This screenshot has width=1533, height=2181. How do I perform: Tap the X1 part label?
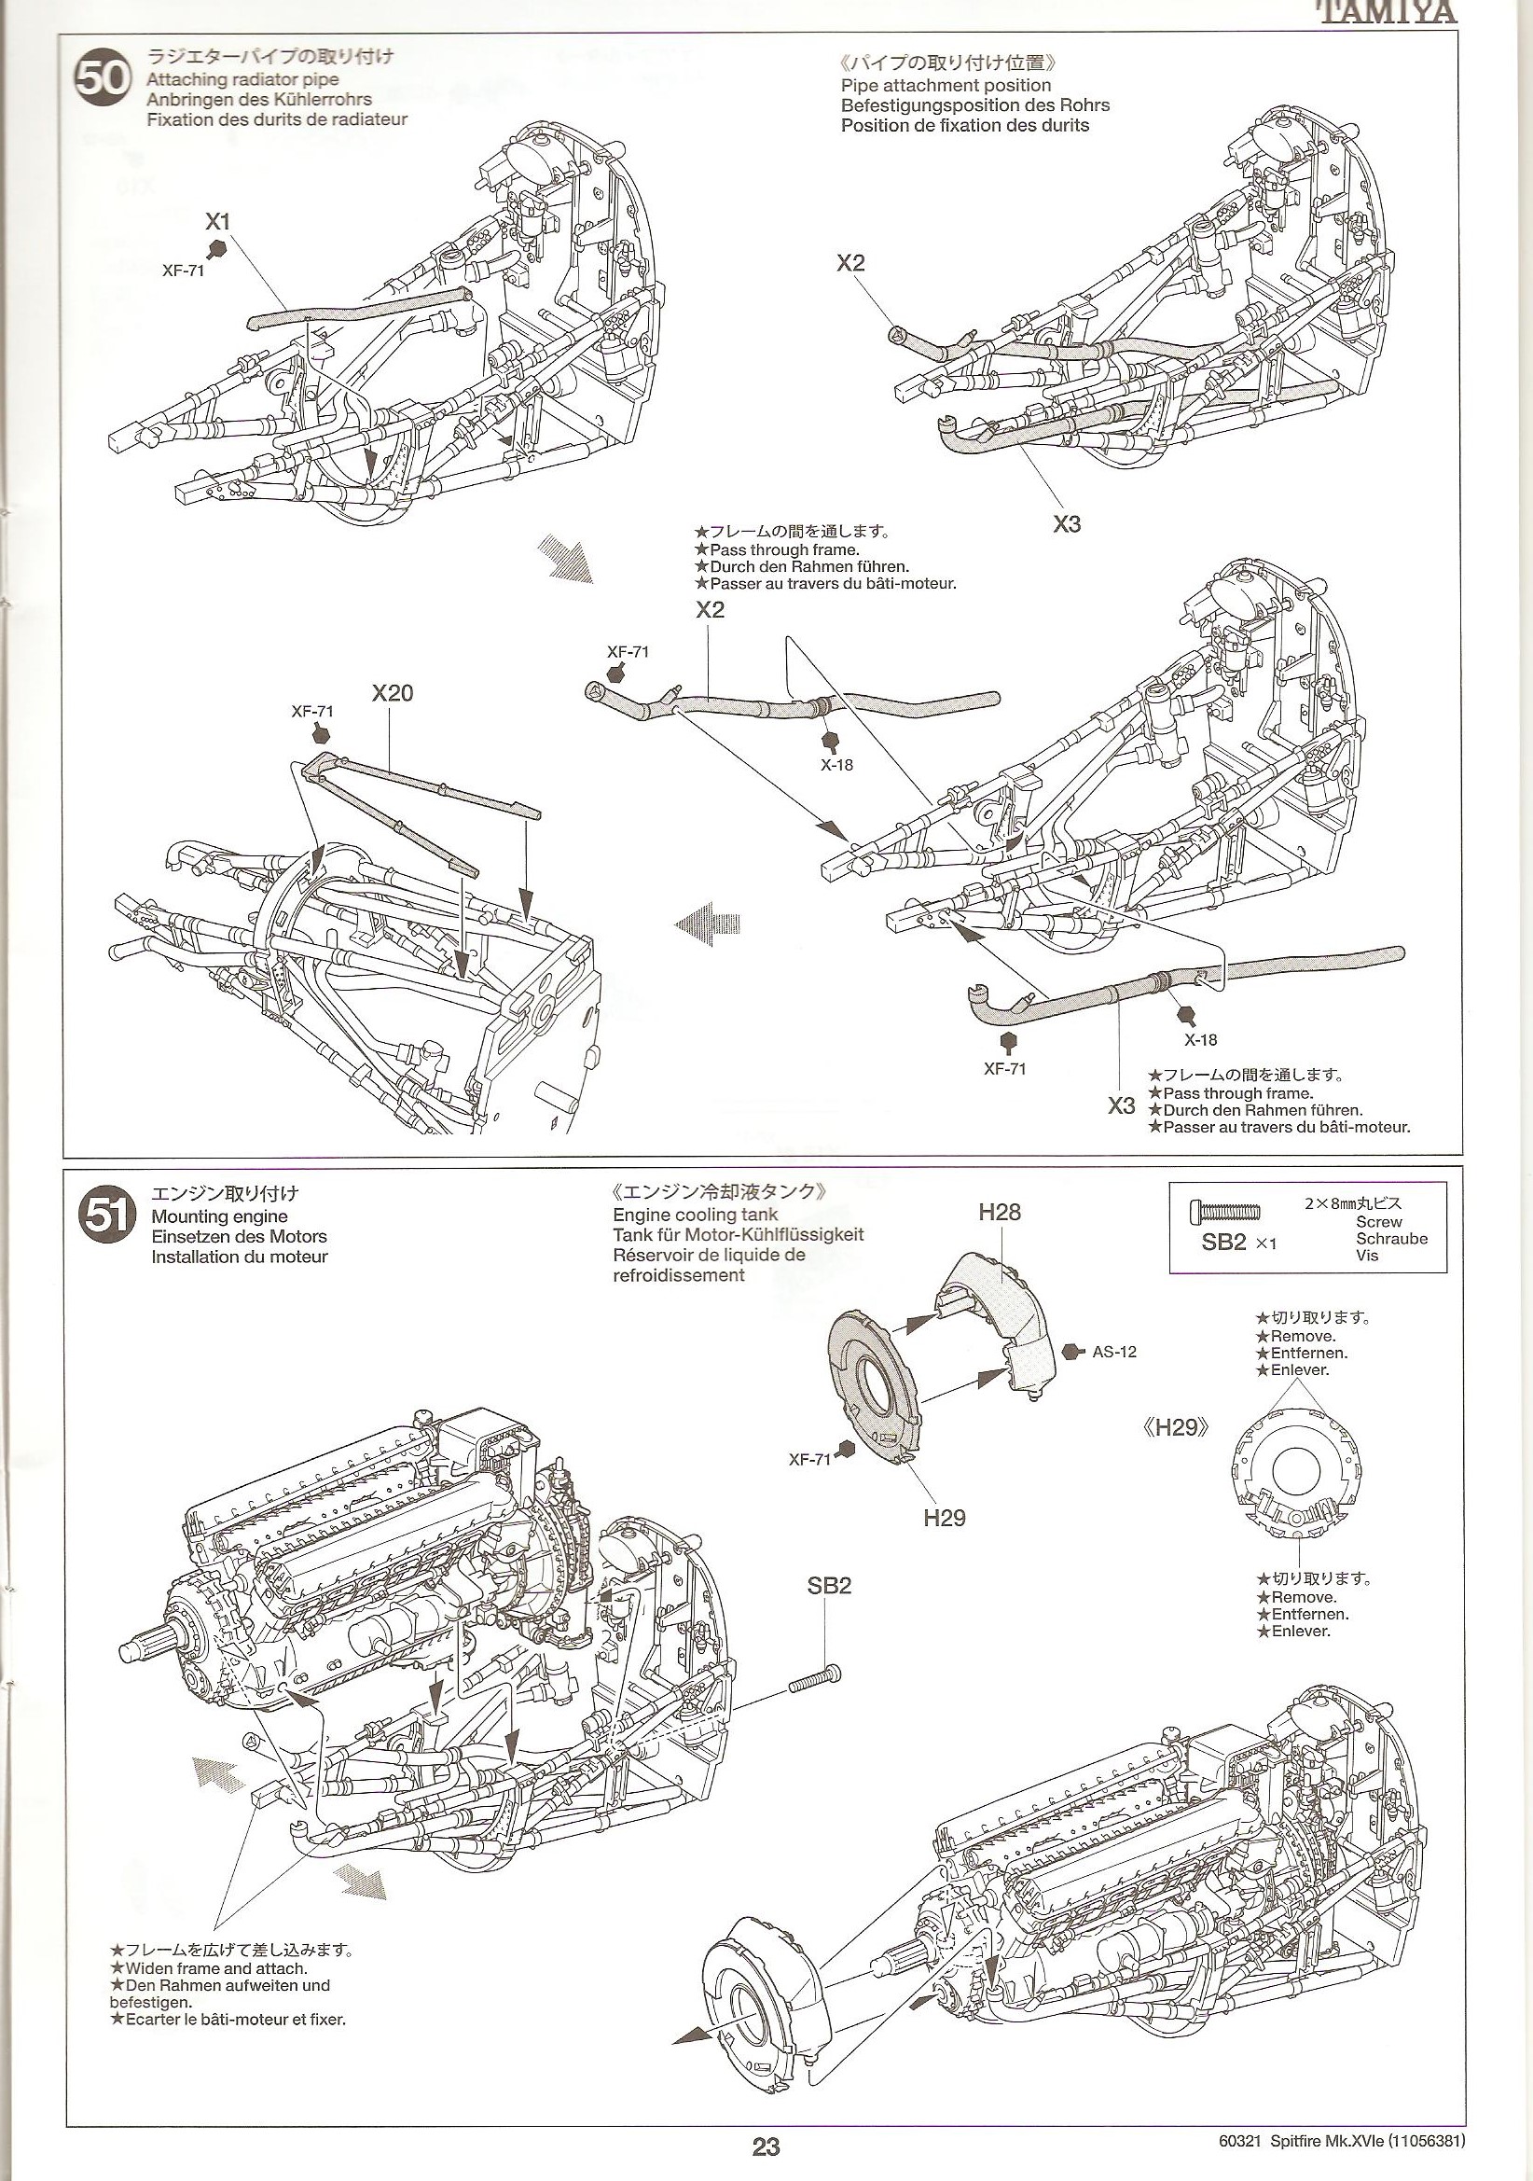point(217,221)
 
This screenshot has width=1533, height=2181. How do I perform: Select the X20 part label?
point(393,692)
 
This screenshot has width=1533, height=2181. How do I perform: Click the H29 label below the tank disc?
point(944,1517)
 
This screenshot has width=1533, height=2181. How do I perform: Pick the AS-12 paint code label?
point(1113,1351)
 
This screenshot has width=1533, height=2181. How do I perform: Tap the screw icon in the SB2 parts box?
point(1224,1212)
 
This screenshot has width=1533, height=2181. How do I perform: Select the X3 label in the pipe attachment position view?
point(1067,523)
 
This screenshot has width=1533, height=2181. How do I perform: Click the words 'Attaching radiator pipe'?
point(242,80)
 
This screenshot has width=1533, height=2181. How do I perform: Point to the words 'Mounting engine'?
point(219,1216)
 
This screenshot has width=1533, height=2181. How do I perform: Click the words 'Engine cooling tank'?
point(696,1214)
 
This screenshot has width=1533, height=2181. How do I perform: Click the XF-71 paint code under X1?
point(184,270)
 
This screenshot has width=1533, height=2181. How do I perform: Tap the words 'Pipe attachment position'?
point(946,85)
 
